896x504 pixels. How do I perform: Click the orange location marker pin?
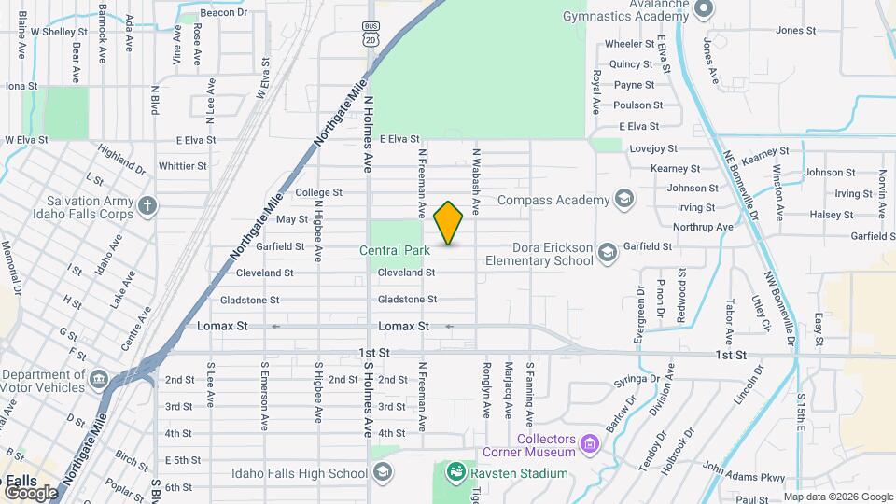pos(449,223)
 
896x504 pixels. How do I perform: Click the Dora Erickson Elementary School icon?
pos(608,253)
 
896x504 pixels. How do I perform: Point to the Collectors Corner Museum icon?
pos(588,442)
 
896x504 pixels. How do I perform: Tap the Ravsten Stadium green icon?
pos(456,472)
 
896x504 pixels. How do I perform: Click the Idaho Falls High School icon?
pos(381,473)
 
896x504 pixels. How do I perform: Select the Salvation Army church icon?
pos(147,205)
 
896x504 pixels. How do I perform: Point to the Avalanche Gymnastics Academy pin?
pos(705,9)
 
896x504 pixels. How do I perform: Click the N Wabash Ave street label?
pos(476,182)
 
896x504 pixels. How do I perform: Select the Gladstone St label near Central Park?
pos(407,300)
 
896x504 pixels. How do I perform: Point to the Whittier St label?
pos(183,166)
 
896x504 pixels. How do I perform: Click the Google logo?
pos(31,492)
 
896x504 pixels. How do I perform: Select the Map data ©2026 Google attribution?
pos(838,497)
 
